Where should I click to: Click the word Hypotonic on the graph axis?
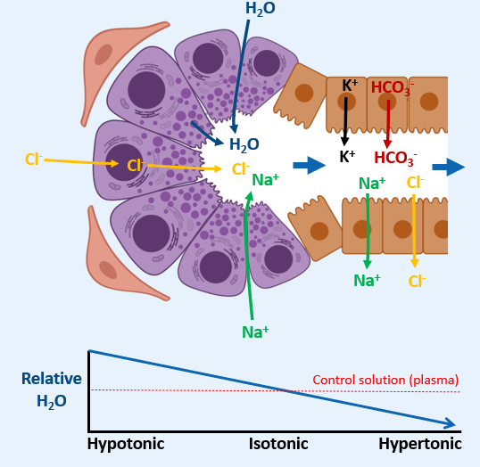126,444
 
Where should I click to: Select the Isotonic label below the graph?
278,444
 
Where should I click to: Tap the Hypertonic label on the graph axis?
419,444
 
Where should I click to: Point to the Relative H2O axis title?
52,389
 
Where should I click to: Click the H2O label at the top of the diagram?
261,10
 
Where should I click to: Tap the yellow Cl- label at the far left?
33,160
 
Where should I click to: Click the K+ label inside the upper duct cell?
350,86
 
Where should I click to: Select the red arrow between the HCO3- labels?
388,123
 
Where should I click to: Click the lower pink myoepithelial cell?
116,258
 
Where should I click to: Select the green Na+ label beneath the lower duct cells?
368,281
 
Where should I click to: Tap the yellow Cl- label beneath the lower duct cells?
417,282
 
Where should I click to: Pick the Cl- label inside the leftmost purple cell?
136,165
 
